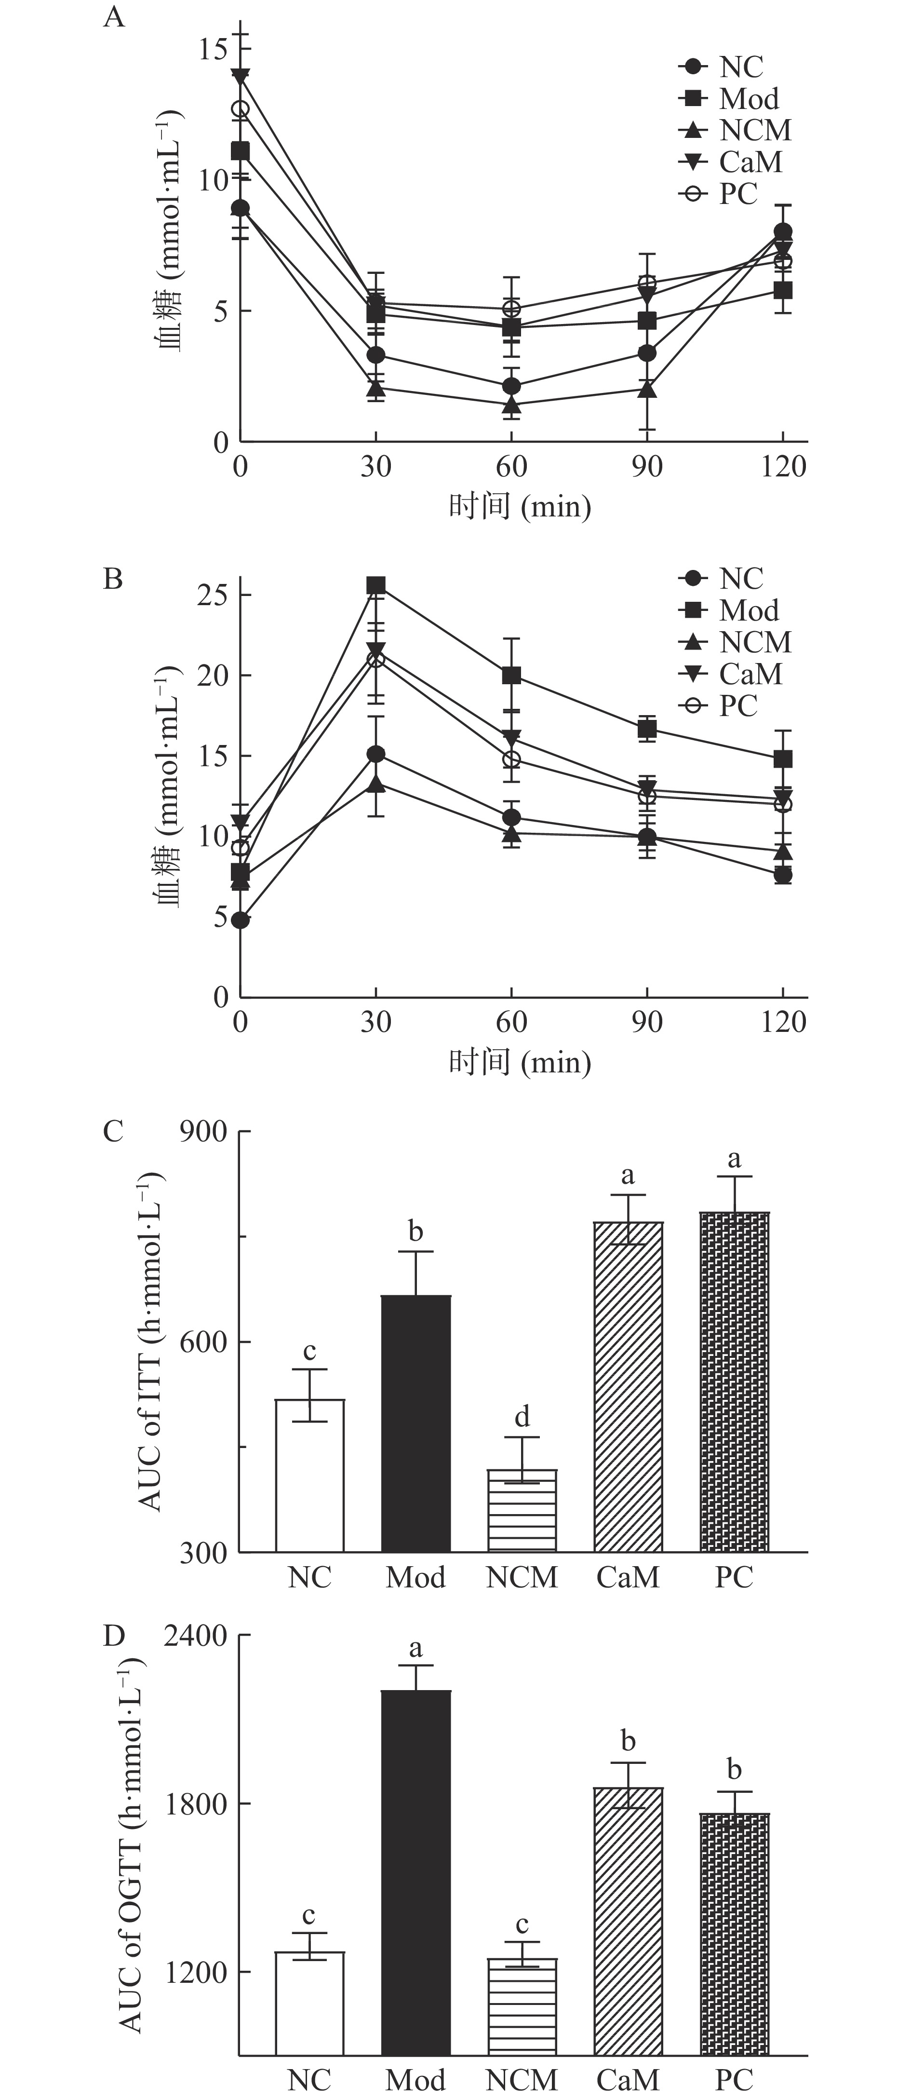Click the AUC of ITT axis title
[151, 1341]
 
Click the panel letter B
[113, 579]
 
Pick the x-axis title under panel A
[520, 507]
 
